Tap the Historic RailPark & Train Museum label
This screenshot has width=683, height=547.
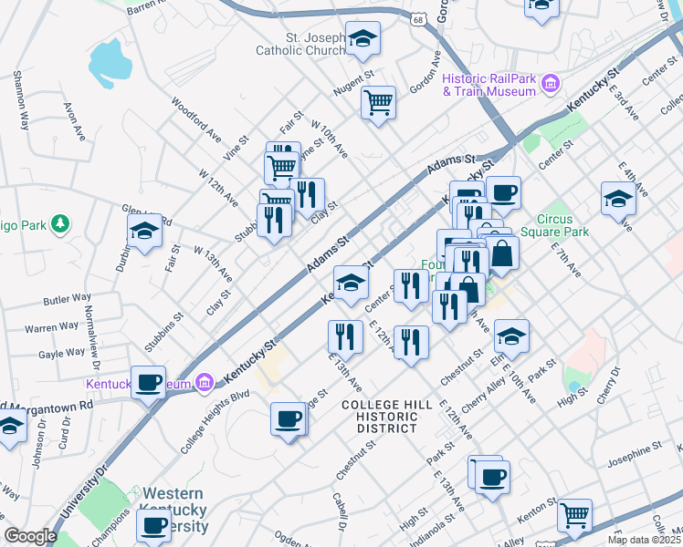[x=489, y=85]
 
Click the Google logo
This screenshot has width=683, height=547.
[x=30, y=537]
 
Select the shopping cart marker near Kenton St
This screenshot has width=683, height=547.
[x=574, y=515]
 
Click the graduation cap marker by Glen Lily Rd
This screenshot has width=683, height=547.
[x=144, y=232]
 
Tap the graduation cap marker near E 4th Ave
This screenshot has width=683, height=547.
[x=618, y=199]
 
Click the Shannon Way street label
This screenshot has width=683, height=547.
[x=20, y=96]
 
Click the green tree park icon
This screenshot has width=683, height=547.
[x=61, y=222]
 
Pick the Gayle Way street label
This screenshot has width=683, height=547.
[x=62, y=353]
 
